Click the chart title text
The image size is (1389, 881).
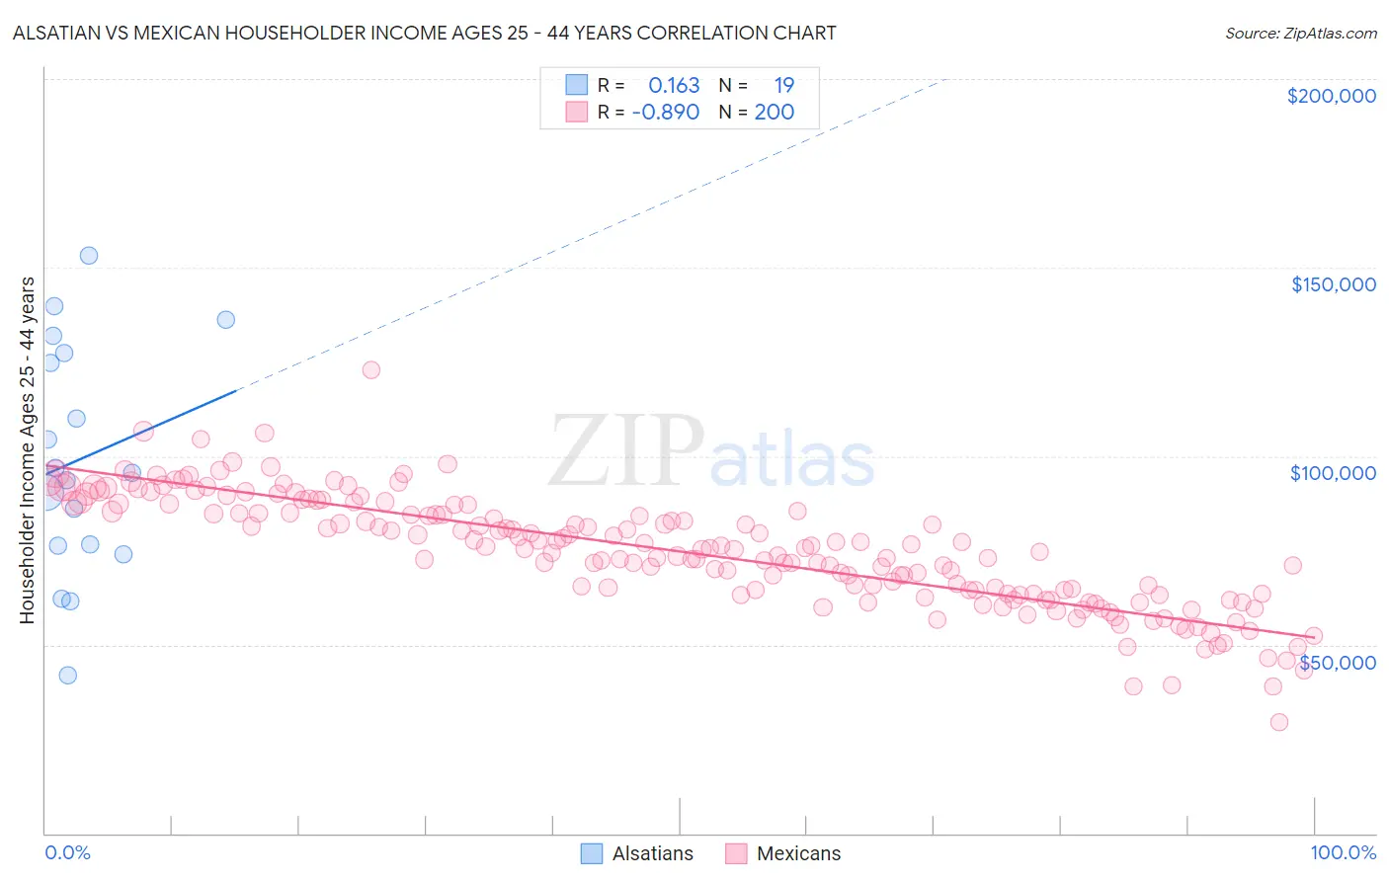pyautogui.click(x=424, y=33)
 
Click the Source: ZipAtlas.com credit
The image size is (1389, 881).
pyautogui.click(x=1300, y=33)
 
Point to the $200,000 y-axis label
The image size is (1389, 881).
pyautogui.click(x=1331, y=96)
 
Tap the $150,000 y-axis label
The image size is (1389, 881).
pyautogui.click(x=1333, y=284)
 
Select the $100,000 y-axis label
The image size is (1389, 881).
pyautogui.click(x=1333, y=473)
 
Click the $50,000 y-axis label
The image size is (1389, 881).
pyautogui.click(x=1337, y=662)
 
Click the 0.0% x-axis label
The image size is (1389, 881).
pyautogui.click(x=67, y=852)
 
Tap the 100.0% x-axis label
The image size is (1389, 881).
pyautogui.click(x=1343, y=852)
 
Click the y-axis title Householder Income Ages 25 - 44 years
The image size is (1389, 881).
pyautogui.click(x=27, y=450)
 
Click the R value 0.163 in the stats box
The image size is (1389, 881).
pyautogui.click(x=674, y=86)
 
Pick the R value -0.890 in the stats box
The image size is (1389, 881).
pyautogui.click(x=666, y=113)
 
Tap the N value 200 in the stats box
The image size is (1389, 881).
pyautogui.click(x=775, y=113)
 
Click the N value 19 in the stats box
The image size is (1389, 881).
pyautogui.click(x=783, y=86)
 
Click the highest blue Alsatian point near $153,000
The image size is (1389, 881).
pyautogui.click(x=89, y=255)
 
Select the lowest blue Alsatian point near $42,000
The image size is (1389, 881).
pyautogui.click(x=67, y=676)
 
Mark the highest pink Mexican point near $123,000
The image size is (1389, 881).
pyautogui.click(x=371, y=369)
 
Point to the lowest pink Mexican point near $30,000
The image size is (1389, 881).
pyautogui.click(x=1279, y=722)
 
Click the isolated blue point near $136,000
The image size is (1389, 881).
pyautogui.click(x=226, y=319)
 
